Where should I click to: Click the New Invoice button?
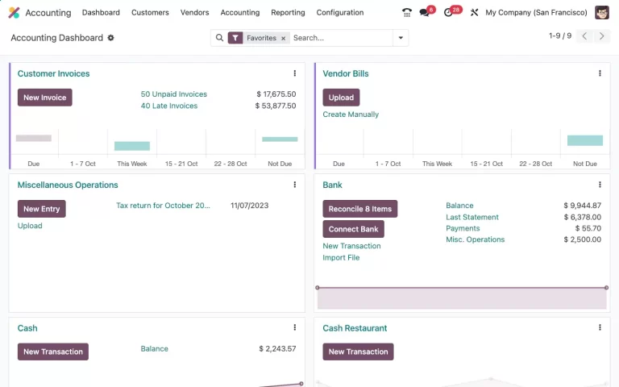44,98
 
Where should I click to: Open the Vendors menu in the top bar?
194,12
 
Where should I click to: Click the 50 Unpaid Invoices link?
173,94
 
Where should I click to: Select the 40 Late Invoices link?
168,106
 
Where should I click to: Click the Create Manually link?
351,114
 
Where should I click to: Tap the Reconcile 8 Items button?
359,209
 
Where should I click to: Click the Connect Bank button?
353,229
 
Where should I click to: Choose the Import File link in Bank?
341,258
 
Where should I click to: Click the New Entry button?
41,209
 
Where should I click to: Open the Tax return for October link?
163,206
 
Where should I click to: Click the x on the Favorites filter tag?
284,38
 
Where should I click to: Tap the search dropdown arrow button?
401,38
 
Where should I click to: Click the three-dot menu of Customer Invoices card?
294,73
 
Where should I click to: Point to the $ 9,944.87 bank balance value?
582,206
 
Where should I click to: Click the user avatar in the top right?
602,12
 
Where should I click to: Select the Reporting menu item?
288,12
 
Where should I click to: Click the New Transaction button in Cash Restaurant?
358,352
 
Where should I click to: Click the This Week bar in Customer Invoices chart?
132,146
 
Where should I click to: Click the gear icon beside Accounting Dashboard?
111,38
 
